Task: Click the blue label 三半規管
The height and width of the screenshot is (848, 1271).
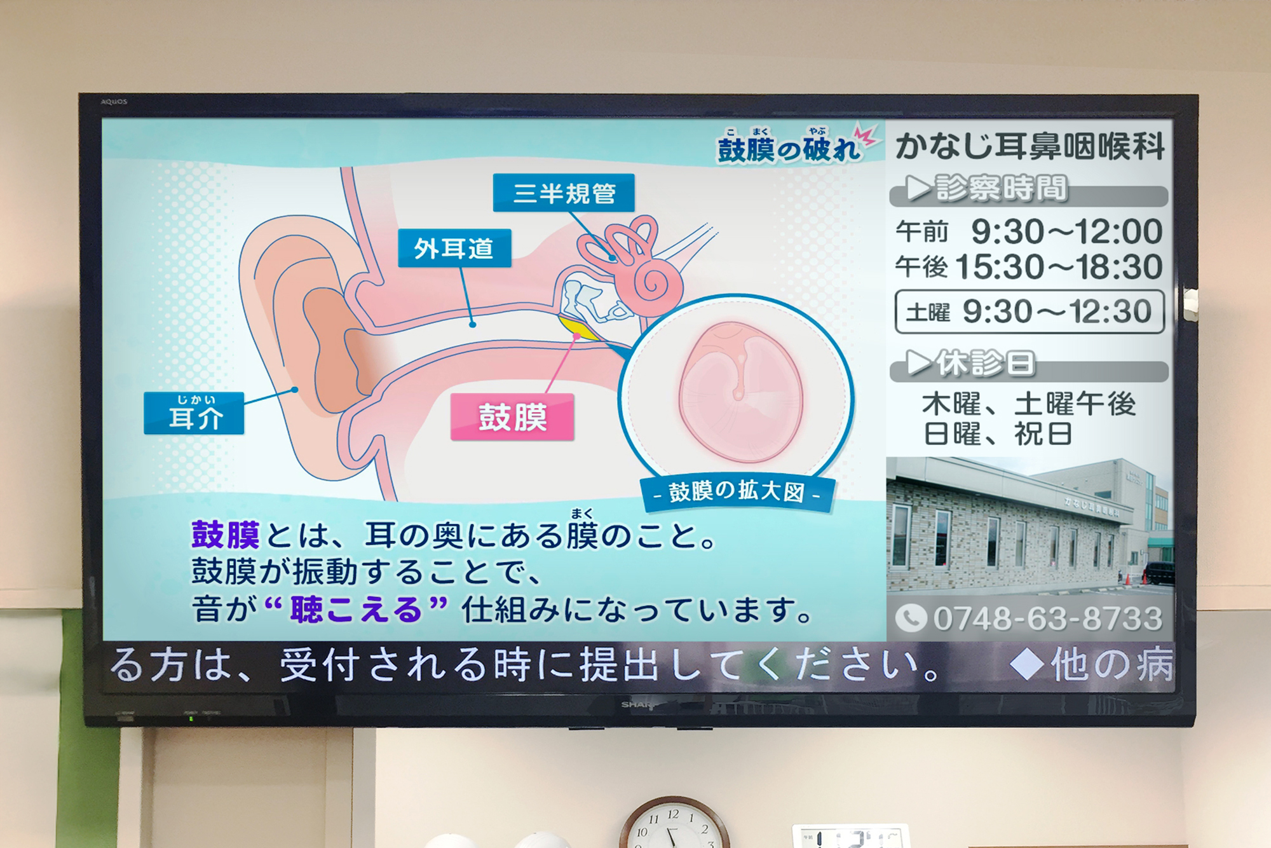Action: click(x=564, y=193)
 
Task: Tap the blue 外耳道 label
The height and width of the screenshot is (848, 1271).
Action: click(x=454, y=248)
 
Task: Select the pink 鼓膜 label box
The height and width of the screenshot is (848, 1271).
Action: click(x=512, y=417)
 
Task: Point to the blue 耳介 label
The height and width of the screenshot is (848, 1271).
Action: click(x=194, y=413)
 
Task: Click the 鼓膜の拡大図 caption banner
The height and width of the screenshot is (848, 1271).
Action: click(x=737, y=492)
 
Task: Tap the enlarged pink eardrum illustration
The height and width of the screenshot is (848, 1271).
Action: click(x=740, y=392)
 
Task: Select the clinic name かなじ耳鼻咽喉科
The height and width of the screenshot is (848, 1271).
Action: click(x=1030, y=146)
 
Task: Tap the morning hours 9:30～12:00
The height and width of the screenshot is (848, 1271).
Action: click(x=1067, y=231)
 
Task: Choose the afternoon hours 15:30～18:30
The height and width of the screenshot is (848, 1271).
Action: click(x=1059, y=267)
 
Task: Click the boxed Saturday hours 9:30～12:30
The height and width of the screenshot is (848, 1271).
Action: click(x=1030, y=312)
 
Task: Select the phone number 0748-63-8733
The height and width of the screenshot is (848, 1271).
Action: click(x=1047, y=619)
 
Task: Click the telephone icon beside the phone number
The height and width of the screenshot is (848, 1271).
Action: click(x=911, y=618)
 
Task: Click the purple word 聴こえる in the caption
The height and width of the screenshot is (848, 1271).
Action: click(x=357, y=609)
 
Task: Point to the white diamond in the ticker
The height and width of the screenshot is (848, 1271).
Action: click(x=1027, y=664)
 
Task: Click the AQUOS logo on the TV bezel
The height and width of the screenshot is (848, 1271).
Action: click(x=114, y=102)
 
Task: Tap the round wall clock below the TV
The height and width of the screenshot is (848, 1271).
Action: click(x=674, y=823)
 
